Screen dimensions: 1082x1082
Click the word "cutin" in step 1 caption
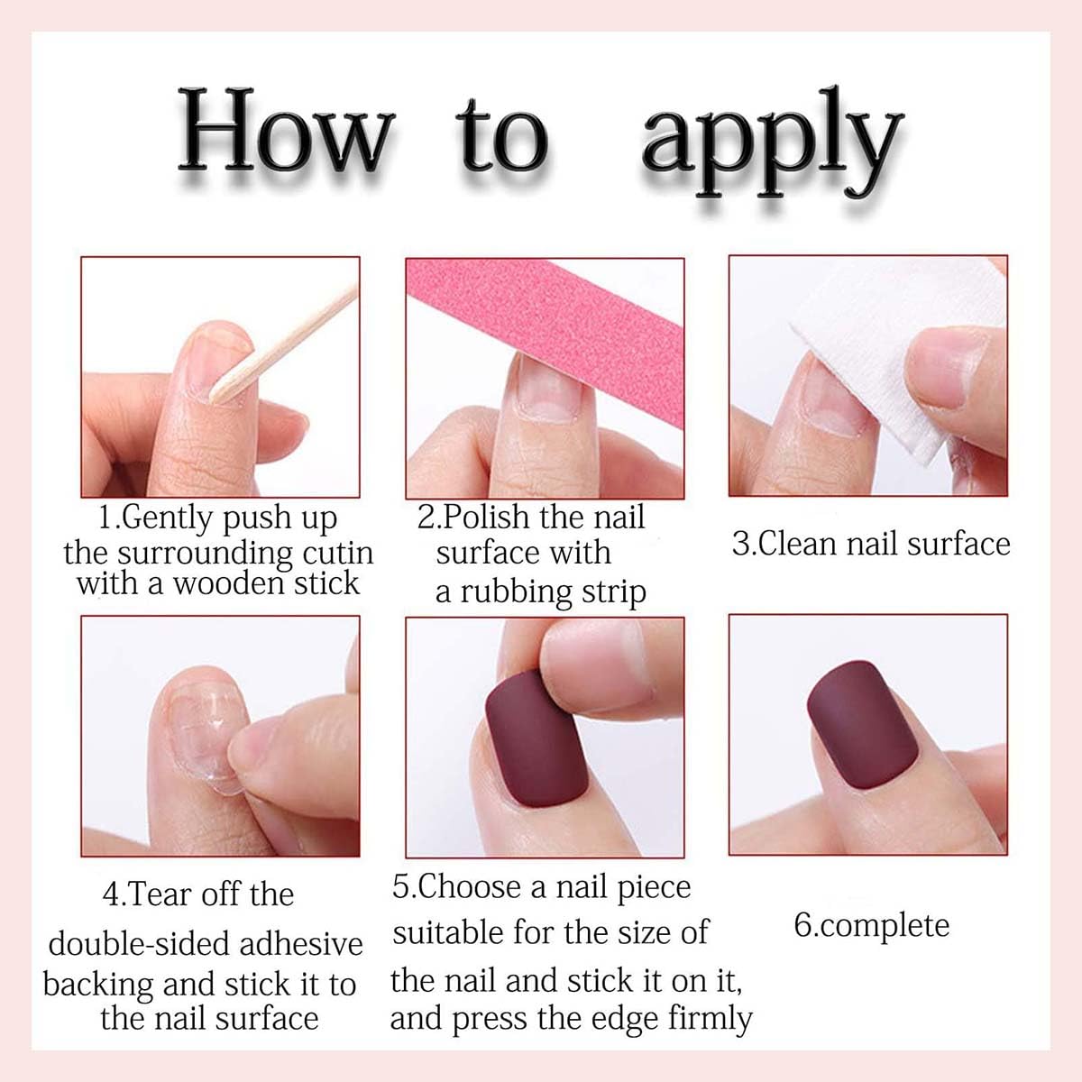pos(335,552)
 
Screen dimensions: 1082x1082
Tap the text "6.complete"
pos(871,926)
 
